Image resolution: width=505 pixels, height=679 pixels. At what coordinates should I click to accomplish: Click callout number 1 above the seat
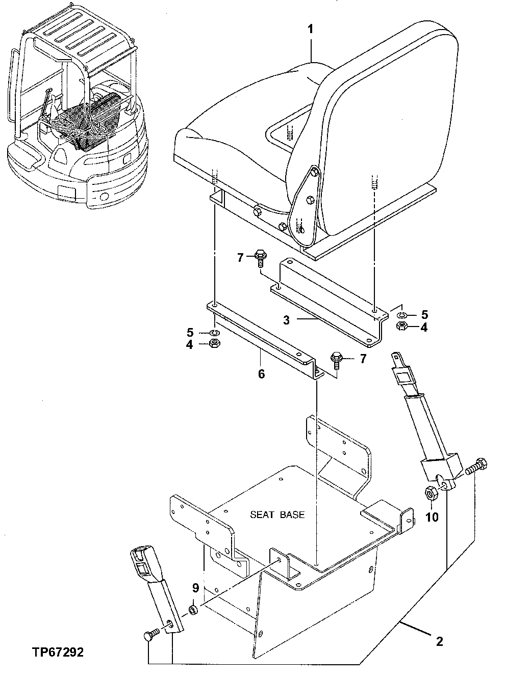coord(310,29)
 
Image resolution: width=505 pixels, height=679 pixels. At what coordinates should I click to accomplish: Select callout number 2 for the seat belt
coord(439,641)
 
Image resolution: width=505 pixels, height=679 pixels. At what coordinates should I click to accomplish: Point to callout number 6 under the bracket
coord(261,374)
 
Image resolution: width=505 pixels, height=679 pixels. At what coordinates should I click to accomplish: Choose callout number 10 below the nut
coord(432,518)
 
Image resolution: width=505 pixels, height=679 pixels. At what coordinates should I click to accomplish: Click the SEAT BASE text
coord(277,514)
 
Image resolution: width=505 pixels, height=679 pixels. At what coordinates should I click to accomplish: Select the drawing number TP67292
coord(58,652)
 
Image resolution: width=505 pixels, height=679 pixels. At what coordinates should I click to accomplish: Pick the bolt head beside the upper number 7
coord(259,257)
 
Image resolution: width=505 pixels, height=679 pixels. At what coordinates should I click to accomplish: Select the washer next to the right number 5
coord(402,315)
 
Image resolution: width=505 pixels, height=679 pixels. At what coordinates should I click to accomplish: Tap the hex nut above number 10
coord(431,493)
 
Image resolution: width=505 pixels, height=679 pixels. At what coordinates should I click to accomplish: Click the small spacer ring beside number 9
coord(194,609)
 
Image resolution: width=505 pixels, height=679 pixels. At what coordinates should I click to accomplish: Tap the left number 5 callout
coord(190,333)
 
